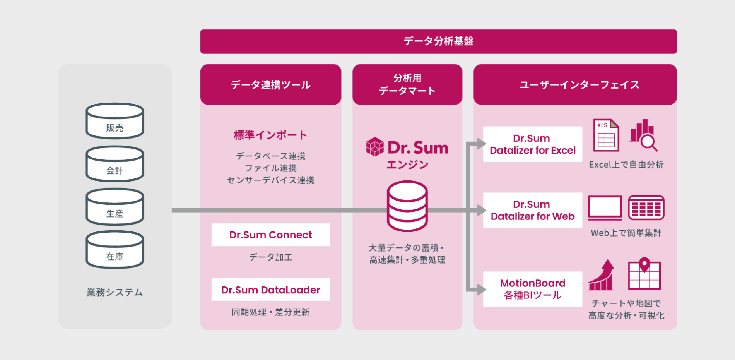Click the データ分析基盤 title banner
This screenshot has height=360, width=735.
(438, 41)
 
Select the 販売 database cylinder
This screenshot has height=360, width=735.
(115, 121)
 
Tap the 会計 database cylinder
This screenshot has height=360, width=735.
(115, 164)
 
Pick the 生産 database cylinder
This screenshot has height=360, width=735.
(115, 207)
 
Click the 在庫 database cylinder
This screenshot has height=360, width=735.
(115, 250)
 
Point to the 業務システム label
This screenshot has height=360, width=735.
(115, 292)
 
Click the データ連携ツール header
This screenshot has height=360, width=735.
(270, 84)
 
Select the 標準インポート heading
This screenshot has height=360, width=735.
(270, 135)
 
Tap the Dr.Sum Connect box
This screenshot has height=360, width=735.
(270, 235)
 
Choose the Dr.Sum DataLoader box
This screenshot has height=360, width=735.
(270, 290)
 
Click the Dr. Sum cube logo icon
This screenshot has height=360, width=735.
(375, 147)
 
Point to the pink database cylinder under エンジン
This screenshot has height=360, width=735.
(407, 206)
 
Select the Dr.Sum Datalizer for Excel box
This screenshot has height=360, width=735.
(532, 144)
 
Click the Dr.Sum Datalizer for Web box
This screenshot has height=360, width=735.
(532, 210)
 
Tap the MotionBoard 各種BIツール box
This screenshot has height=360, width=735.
(532, 289)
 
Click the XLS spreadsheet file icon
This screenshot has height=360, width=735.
(606, 135)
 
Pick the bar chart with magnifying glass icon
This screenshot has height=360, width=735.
(643, 135)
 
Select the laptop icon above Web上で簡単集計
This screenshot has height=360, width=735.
(605, 208)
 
